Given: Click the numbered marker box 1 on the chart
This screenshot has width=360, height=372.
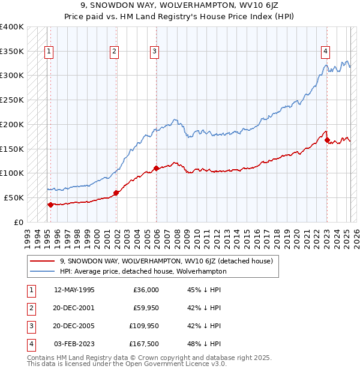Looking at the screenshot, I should point(49,52).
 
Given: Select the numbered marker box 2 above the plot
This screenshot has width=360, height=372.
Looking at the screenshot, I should point(114,52).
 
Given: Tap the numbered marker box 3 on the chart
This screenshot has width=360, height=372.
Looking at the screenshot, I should point(154,52).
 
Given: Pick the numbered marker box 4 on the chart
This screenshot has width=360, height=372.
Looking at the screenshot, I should point(325,52).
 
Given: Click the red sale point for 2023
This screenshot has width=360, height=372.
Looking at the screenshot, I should point(328,140).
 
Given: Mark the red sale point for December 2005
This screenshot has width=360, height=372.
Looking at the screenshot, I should point(156,168).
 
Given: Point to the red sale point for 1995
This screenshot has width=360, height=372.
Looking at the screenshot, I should point(50,204).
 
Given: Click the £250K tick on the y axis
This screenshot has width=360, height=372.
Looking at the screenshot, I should point(12,100).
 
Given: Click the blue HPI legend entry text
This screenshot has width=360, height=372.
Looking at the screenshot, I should point(143,271).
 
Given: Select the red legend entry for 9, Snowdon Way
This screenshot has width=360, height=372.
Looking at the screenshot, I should point(166,261).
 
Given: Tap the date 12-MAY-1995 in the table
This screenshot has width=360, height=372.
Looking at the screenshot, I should point(74,290).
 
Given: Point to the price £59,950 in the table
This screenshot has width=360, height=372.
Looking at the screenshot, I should point(144,308).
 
